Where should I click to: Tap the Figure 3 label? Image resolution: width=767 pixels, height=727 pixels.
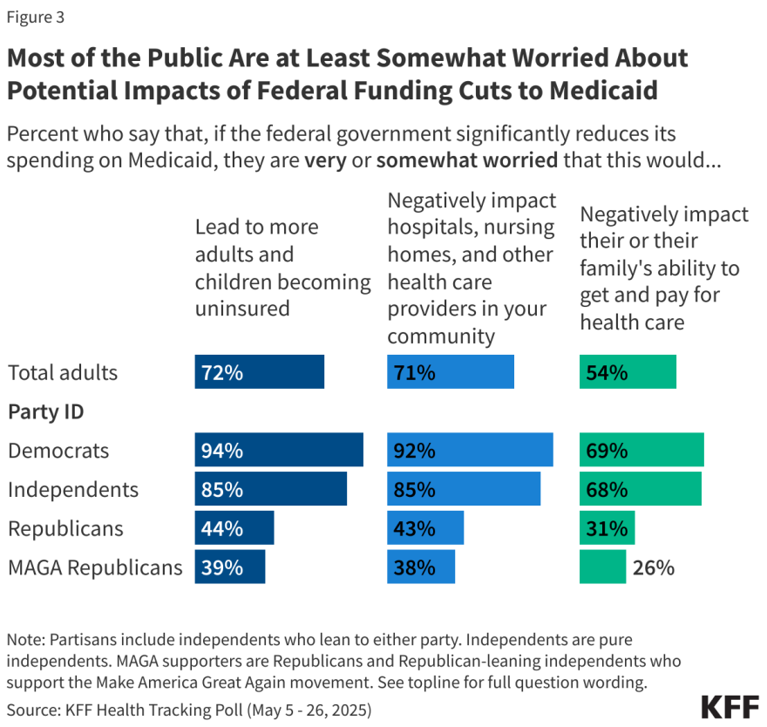[x=36, y=17]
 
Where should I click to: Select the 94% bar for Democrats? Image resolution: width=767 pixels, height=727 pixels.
[x=279, y=450]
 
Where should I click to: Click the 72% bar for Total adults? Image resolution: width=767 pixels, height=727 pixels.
[x=259, y=372]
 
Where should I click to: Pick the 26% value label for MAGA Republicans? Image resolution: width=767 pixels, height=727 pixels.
[x=654, y=567]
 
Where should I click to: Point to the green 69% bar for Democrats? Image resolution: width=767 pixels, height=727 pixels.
[x=641, y=450]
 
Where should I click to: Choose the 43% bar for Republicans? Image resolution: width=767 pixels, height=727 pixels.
[x=425, y=528]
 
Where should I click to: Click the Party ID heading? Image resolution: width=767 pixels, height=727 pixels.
[x=45, y=411]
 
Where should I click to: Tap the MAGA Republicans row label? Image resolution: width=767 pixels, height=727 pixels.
[x=95, y=567]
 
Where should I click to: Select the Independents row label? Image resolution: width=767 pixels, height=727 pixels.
[x=73, y=489]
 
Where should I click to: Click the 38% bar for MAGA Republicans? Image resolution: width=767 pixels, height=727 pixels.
[x=421, y=567]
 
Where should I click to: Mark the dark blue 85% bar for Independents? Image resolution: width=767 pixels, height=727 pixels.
[x=270, y=489]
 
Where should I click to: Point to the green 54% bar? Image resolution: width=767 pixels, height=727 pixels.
[x=628, y=372]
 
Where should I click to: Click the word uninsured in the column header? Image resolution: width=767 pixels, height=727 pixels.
[x=242, y=309]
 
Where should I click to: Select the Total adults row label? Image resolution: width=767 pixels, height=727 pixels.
[x=63, y=372]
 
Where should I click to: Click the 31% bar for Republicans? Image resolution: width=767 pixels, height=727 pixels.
[x=607, y=528]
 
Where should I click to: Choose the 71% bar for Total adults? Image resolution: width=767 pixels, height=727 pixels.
[x=451, y=372]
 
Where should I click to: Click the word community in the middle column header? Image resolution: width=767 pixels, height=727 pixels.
[x=441, y=336]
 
